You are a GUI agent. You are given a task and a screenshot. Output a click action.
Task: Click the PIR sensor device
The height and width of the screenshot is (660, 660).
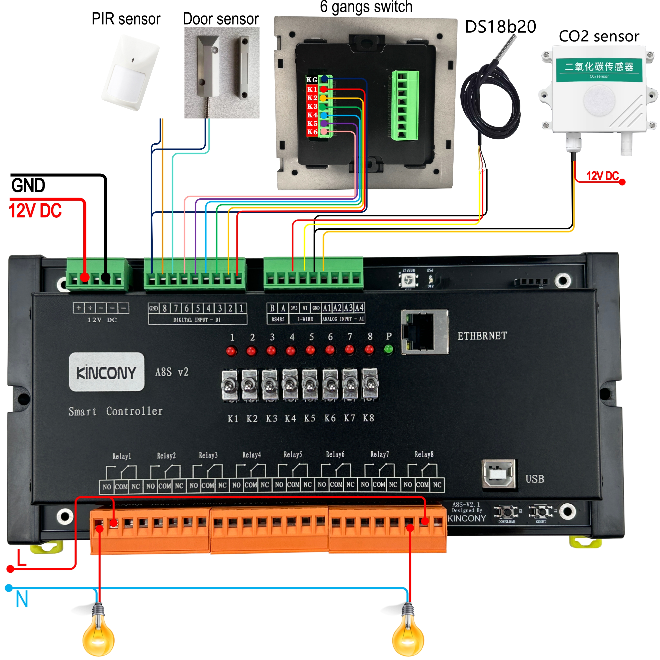tap(131, 72)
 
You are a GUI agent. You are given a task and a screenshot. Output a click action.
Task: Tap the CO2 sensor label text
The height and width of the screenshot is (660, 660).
tap(598, 36)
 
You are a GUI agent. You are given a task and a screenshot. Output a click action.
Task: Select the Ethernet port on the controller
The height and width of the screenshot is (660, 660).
tap(425, 332)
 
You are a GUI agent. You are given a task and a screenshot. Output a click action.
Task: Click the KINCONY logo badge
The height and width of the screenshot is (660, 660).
tap(107, 372)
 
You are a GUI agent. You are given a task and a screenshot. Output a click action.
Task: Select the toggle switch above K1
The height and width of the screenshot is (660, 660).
tap(230, 385)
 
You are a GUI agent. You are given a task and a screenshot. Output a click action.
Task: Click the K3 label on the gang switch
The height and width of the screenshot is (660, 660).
tap(312, 106)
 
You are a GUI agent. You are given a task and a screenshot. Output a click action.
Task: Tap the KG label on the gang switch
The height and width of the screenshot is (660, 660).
tap(312, 80)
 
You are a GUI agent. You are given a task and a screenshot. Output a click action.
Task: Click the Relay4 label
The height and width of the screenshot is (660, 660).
tap(251, 455)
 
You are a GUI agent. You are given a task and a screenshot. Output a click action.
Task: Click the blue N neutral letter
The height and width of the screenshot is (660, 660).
tap(22, 599)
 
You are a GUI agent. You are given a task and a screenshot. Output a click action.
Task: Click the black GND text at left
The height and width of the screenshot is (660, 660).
tap(28, 185)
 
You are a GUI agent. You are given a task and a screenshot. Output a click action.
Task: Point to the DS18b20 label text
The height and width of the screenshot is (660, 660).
tap(500, 27)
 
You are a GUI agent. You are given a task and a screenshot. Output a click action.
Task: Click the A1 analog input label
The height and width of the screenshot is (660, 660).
tap(327, 308)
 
